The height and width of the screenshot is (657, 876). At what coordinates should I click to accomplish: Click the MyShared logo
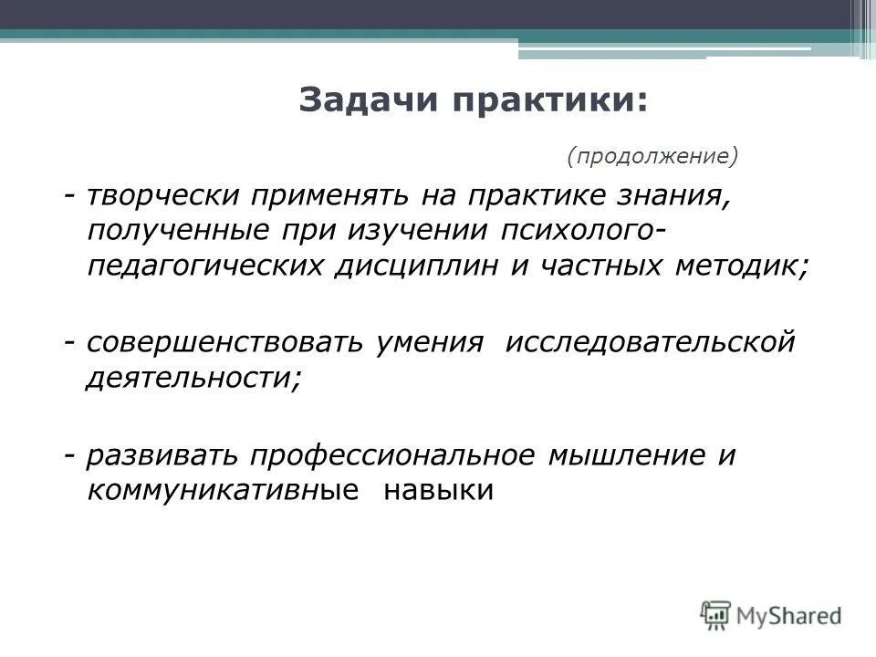(x=772, y=615)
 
